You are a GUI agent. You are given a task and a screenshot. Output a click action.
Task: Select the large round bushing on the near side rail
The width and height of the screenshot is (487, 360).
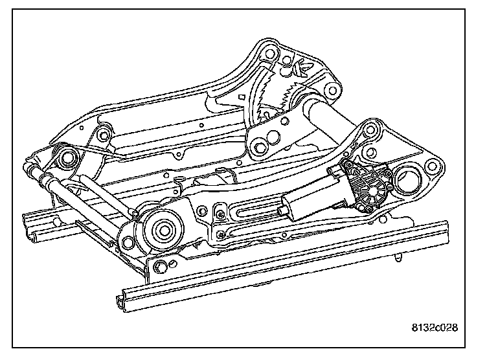tap(159, 227)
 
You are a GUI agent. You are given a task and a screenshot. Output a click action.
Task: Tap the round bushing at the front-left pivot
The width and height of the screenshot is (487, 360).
tap(67, 157)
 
